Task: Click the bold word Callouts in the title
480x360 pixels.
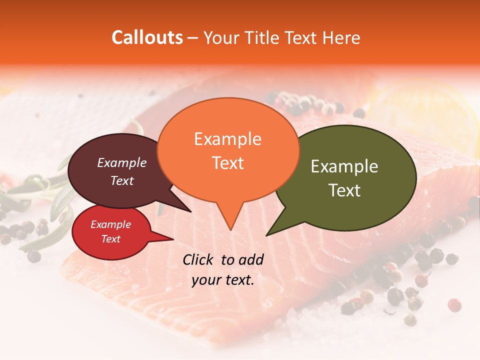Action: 147,37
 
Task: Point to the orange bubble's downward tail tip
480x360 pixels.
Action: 230,229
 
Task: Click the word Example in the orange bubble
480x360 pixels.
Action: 227,139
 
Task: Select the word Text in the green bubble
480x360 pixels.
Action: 345,190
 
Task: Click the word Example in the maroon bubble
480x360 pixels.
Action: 121,162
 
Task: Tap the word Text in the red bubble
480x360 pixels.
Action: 110,239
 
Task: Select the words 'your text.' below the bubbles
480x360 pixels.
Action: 223,280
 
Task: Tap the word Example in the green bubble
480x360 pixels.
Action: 344,166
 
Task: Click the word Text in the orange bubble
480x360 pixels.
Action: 228,163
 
